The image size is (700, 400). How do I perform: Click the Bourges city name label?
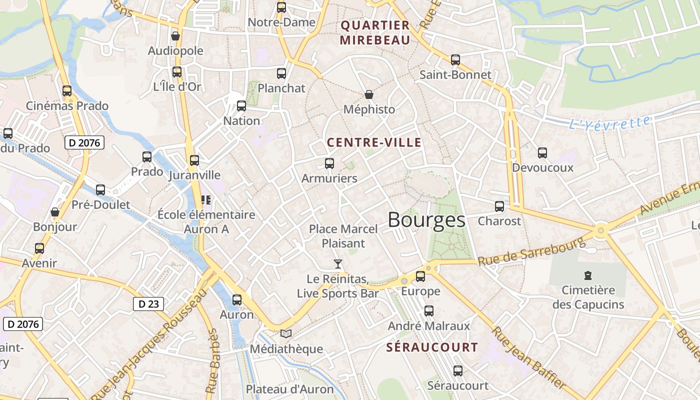(x=426, y=220)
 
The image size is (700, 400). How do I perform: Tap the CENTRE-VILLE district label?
(x=374, y=142)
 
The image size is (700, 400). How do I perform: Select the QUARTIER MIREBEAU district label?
(x=375, y=32)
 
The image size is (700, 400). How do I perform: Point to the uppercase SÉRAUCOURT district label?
(x=432, y=347)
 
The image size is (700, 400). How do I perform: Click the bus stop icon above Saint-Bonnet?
(x=455, y=60)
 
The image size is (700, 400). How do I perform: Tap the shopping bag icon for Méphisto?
(x=369, y=94)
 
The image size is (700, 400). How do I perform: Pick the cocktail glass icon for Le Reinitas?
(x=338, y=263)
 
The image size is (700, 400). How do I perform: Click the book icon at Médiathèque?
(x=285, y=333)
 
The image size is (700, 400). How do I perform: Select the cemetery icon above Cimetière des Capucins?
(x=587, y=275)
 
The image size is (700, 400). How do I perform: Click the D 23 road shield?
(x=148, y=303)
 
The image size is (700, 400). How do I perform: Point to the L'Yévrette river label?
(x=610, y=122)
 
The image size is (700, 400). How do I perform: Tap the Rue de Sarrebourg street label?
(x=531, y=251)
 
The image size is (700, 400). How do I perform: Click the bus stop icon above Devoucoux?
(x=542, y=153)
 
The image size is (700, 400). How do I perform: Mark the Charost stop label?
(x=499, y=220)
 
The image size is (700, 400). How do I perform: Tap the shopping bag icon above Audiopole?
(x=175, y=36)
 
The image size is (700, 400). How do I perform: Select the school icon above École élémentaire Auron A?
(x=205, y=200)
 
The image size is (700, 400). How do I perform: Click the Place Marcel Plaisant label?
(x=343, y=236)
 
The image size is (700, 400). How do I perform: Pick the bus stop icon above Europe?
(x=420, y=276)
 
